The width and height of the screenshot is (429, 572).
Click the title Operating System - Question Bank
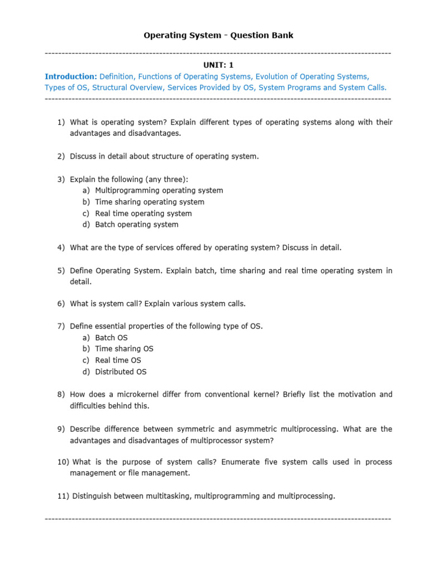point(218,35)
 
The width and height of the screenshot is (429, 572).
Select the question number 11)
point(63,496)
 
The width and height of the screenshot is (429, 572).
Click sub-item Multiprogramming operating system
point(159,190)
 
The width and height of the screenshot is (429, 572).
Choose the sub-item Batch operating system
point(136,225)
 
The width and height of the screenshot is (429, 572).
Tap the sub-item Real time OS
point(118,360)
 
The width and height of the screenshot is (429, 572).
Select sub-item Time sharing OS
point(124,349)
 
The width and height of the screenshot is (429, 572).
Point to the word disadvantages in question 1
point(156,134)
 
